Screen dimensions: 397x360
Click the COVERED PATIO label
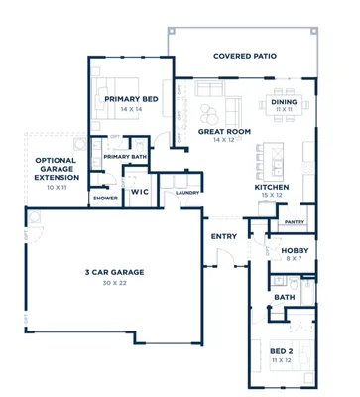[x=244, y=57]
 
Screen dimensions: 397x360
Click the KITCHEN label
[x=270, y=187]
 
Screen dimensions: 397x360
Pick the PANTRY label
[x=293, y=222]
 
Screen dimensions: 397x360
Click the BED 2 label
[x=282, y=350]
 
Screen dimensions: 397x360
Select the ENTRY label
[x=223, y=236]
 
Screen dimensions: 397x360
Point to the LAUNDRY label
[x=187, y=193]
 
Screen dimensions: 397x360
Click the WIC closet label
[x=140, y=192]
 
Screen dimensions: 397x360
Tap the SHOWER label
[x=105, y=198]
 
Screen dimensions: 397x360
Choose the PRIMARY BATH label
[x=124, y=156]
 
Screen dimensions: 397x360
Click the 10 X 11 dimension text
[x=57, y=187]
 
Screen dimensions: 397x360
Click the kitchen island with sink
[x=264, y=159]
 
